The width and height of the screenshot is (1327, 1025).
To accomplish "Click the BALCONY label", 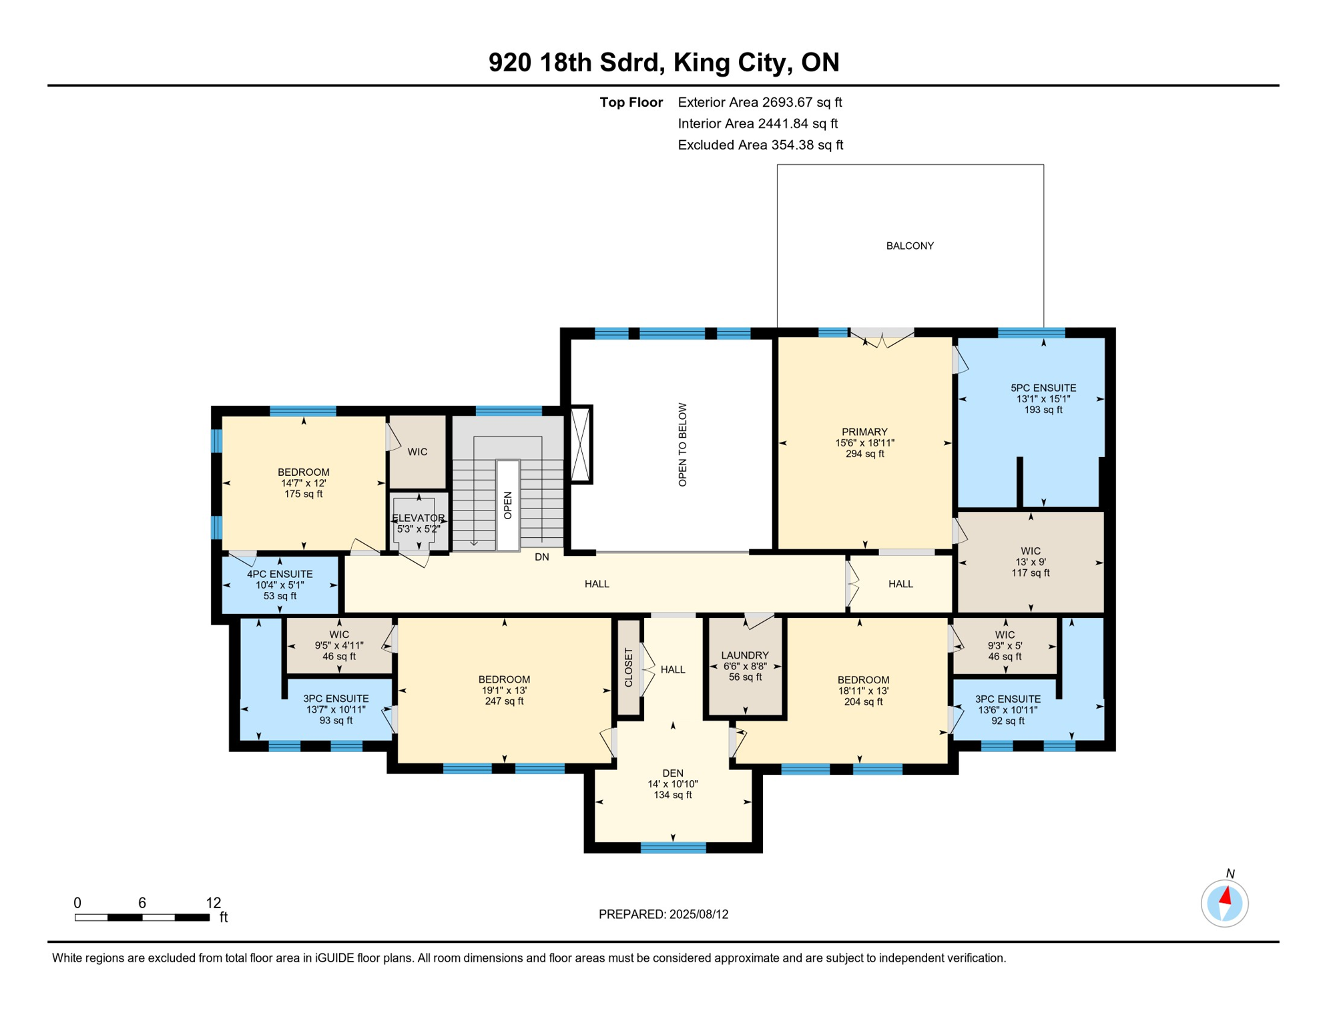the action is click(910, 246).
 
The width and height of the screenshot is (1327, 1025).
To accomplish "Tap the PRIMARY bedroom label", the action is click(864, 432).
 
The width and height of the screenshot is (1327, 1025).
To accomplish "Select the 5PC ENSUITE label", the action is click(1043, 388).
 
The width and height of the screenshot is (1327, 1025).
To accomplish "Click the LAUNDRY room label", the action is click(745, 655).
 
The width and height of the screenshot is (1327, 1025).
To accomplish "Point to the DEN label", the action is click(673, 773).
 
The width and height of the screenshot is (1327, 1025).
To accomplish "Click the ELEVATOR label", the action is click(418, 519).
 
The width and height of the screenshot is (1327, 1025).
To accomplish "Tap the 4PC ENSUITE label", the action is click(280, 574).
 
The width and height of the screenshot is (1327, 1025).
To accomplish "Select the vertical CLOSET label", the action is click(628, 667).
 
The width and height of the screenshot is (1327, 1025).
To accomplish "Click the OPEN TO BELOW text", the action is click(682, 444).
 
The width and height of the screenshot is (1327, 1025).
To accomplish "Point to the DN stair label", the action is click(542, 557).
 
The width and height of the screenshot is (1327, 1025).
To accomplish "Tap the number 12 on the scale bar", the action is click(214, 903).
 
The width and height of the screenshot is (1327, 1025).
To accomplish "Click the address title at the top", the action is click(663, 62).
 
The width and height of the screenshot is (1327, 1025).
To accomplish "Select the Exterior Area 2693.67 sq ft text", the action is click(760, 102).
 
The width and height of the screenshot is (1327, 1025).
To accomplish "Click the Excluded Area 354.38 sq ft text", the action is click(760, 145).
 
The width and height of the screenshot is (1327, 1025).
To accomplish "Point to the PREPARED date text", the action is click(663, 914).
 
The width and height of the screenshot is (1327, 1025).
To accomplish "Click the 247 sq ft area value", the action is click(504, 701).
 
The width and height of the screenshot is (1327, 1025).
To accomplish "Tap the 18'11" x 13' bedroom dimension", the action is click(863, 691).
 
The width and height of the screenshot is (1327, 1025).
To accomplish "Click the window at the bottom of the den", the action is click(674, 847).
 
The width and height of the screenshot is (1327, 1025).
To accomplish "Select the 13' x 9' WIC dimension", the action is click(1031, 562).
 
